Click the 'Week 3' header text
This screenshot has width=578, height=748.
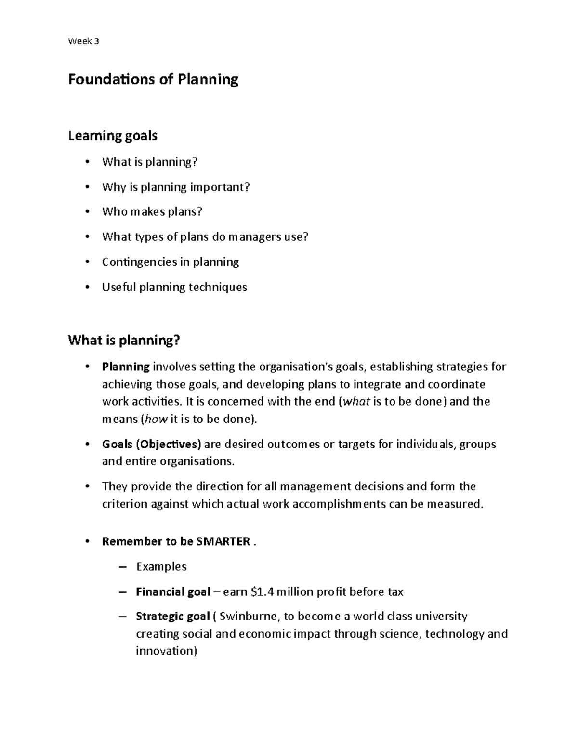[83, 41]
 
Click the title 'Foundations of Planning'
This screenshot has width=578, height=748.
[153, 79]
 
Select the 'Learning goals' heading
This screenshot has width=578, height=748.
[113, 136]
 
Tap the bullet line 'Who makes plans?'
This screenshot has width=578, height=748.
[152, 212]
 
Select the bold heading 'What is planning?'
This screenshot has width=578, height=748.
[124, 341]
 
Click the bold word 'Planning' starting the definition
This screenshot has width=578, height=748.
[126, 367]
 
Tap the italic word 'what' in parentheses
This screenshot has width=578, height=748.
[355, 402]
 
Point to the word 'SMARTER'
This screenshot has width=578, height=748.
[223, 542]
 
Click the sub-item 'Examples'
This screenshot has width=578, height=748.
[161, 567]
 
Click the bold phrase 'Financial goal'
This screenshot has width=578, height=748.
[173, 592]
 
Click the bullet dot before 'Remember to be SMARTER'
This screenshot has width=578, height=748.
[87, 541]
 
